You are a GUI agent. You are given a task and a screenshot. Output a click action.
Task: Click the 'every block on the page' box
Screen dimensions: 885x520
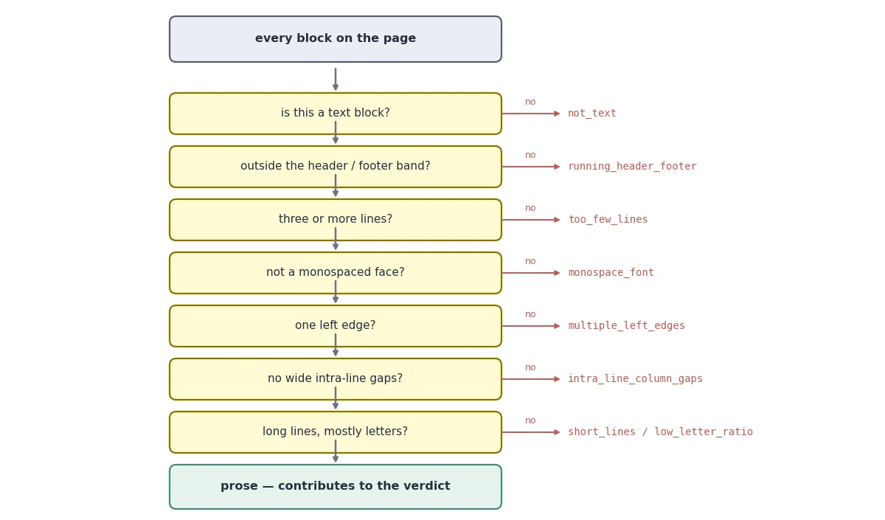(x=336, y=39)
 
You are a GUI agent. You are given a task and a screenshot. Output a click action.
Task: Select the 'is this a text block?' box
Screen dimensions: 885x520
(x=336, y=114)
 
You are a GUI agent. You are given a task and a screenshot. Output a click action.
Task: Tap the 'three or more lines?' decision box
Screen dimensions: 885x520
(x=336, y=220)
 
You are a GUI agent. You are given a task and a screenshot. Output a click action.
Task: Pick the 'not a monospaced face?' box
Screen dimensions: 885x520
(x=336, y=273)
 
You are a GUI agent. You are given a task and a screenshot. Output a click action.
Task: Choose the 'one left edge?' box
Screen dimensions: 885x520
(x=336, y=326)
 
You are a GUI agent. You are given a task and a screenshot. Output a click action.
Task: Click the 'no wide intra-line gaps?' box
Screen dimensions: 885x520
(x=336, y=379)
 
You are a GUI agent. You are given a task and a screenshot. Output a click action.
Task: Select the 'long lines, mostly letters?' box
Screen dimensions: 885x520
(x=336, y=432)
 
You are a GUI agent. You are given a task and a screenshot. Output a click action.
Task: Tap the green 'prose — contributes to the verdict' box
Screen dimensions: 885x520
(x=336, y=487)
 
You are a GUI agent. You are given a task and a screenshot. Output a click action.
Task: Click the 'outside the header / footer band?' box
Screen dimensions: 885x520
(x=336, y=167)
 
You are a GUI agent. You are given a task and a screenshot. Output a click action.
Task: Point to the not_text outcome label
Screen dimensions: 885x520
(x=591, y=114)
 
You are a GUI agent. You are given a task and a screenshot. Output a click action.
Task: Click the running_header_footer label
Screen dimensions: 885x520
(x=632, y=167)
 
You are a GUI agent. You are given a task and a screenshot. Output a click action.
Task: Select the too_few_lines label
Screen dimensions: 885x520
(x=608, y=219)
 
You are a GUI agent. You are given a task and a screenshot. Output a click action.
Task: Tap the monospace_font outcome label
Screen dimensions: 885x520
(x=611, y=273)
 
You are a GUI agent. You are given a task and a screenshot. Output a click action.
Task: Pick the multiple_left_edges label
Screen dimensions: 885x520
(x=626, y=325)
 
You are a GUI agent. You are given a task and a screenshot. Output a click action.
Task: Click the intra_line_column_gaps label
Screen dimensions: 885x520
(x=635, y=378)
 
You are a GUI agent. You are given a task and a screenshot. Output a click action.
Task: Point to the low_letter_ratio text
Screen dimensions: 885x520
(x=704, y=432)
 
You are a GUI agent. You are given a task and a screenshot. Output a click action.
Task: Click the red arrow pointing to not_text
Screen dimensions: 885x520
(x=531, y=114)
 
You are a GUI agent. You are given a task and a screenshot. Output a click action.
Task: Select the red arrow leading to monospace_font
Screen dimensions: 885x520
(x=531, y=273)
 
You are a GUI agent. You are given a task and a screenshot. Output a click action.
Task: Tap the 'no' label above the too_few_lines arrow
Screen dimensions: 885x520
(x=530, y=208)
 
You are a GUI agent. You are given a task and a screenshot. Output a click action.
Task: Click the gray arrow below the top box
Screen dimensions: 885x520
(x=336, y=79)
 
